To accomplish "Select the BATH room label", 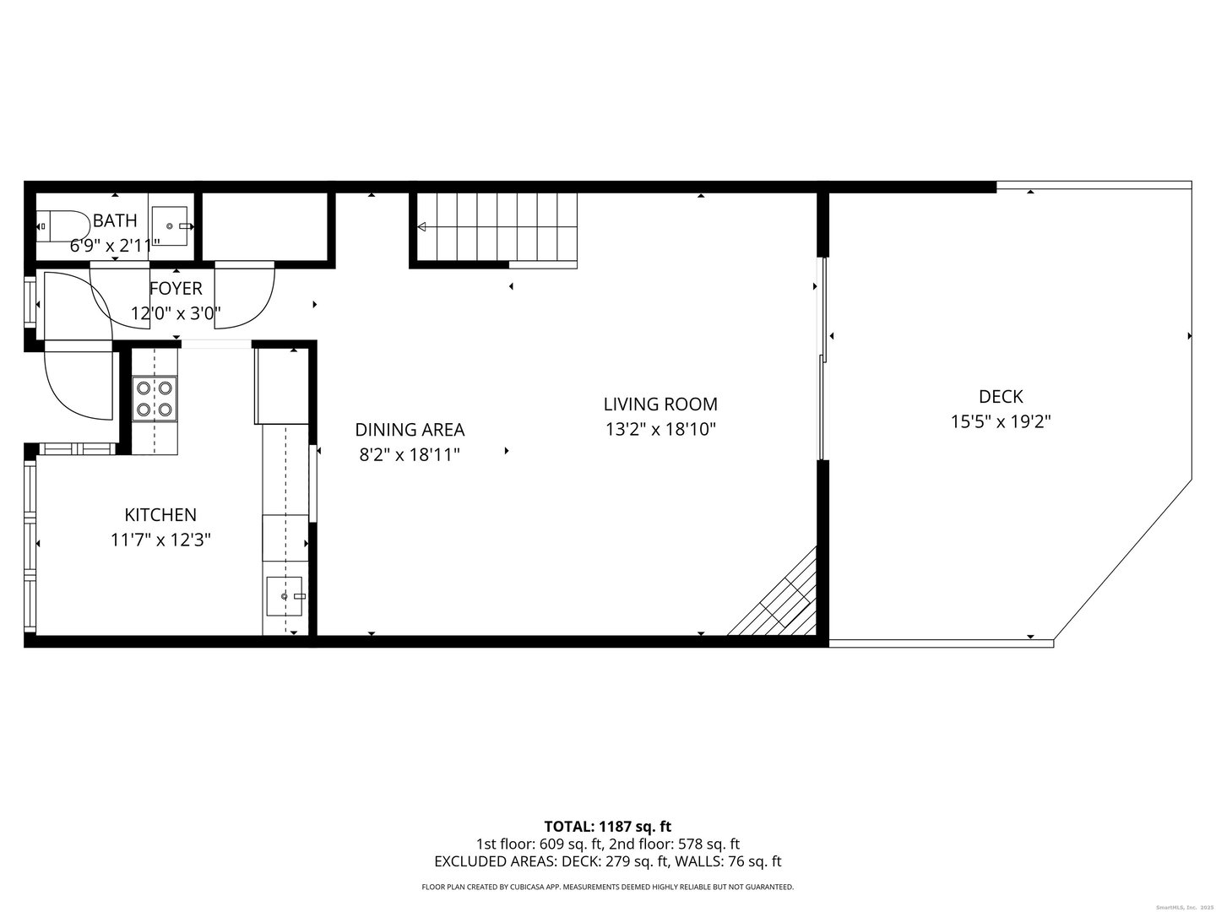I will tap(115, 221).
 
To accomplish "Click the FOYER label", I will tap(176, 289).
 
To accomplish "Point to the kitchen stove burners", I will tap(155, 399).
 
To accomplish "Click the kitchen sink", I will tap(285, 596).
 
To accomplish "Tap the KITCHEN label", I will tap(160, 515).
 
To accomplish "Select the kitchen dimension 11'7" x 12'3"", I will tap(160, 540).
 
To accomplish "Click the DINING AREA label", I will tap(410, 430).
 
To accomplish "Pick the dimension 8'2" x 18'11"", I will tap(410, 455).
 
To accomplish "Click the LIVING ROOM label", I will tap(660, 404).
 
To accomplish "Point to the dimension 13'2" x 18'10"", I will tap(660, 429).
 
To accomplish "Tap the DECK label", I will tap(1001, 396).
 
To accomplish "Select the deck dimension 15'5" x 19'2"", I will tap(1001, 421).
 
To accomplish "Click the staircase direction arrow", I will tap(422, 226).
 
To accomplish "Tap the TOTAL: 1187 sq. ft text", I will tap(608, 826).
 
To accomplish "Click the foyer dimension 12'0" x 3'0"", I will tap(176, 314).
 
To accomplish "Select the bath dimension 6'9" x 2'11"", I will tap(115, 246).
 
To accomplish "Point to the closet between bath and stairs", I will tap(264, 226).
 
